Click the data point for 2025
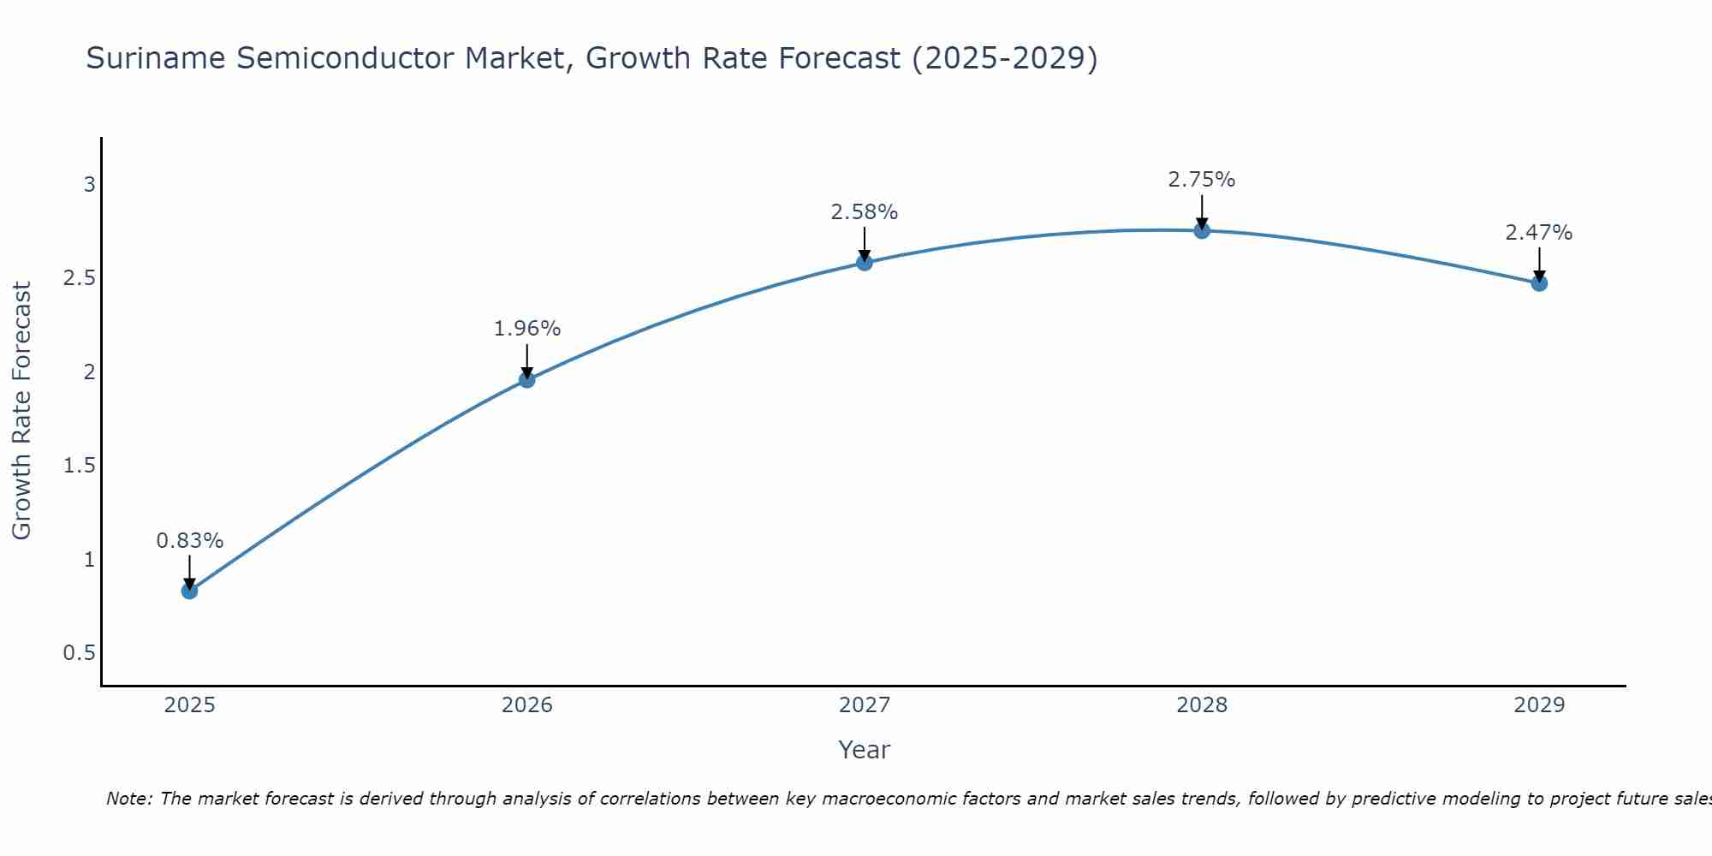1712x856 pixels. [x=189, y=591]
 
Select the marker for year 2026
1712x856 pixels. [x=527, y=379]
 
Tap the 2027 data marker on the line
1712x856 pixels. [x=865, y=263]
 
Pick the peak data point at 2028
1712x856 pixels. [x=1202, y=230]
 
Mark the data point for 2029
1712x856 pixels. [x=1539, y=283]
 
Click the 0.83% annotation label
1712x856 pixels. [x=189, y=541]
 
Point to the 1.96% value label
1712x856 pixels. [x=527, y=329]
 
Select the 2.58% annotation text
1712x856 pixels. [x=865, y=212]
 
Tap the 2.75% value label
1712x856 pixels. [x=1202, y=180]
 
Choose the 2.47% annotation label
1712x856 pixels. [x=1539, y=233]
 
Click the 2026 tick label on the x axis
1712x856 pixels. [x=527, y=705]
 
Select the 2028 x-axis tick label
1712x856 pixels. [x=1202, y=705]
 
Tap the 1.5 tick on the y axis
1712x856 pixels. [x=79, y=466]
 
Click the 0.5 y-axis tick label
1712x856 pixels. [x=79, y=653]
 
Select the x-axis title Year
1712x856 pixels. [x=865, y=750]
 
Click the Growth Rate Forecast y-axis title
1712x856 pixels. [x=22, y=411]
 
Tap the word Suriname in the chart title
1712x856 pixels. [x=157, y=59]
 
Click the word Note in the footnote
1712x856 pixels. [x=128, y=800]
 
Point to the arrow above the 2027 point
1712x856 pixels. [x=865, y=242]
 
